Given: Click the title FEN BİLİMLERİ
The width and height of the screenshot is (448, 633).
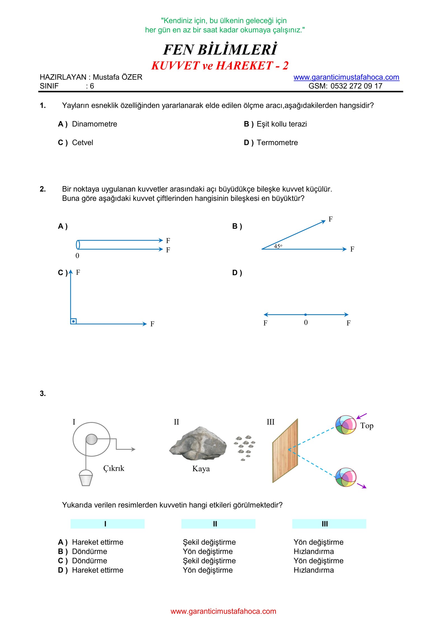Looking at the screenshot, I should [x=220, y=50].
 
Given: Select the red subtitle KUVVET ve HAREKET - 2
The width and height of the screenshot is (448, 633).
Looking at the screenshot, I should [x=220, y=66].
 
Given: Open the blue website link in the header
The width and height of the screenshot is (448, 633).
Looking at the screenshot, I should [x=346, y=77].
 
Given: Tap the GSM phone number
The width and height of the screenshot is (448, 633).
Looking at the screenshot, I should [x=356, y=86].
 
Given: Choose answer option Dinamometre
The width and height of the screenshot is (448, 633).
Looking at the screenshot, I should [x=94, y=124].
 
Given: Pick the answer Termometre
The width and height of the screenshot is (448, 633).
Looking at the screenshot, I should [x=277, y=143].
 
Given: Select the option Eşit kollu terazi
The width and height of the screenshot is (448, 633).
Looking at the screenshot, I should [x=282, y=124].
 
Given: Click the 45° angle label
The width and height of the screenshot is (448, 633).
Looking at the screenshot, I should [x=278, y=246].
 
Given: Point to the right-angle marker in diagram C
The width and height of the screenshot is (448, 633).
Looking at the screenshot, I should [x=73, y=321].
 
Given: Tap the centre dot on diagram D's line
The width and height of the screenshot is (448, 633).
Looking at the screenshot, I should [x=305, y=315].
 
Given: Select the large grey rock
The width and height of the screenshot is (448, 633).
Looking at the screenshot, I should [x=198, y=444].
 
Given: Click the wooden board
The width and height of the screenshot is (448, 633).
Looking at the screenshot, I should [x=285, y=451].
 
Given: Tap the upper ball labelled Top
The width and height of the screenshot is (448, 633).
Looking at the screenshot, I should [x=346, y=425].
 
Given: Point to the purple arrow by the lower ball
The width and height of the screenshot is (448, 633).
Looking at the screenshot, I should [x=362, y=486].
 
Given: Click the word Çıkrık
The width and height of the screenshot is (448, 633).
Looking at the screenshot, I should [x=114, y=468].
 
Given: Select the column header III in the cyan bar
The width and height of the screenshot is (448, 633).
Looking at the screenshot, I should [x=325, y=524].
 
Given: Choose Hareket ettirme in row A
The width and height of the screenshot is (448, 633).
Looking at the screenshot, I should [x=97, y=542].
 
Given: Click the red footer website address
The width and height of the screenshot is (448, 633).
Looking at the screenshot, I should [x=223, y=611].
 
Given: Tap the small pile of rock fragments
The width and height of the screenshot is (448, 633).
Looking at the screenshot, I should [x=244, y=448].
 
